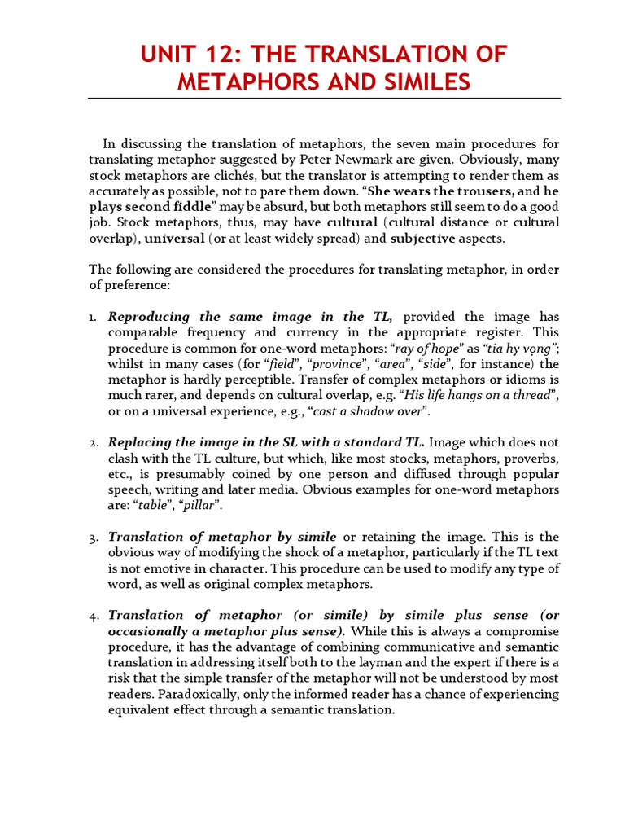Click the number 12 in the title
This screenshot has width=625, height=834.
[x=229, y=55]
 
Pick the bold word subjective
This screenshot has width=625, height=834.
[x=428, y=239]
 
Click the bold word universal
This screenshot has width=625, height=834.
[x=174, y=239]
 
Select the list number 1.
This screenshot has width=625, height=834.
[x=93, y=317]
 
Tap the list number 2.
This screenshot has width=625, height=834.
[x=93, y=443]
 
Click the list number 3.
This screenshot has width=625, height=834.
[x=93, y=538]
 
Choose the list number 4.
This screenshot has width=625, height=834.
[x=93, y=616]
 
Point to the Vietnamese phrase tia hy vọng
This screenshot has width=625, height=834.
[x=523, y=348]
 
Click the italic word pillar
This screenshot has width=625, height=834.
[x=196, y=506]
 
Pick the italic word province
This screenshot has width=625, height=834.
[x=335, y=364]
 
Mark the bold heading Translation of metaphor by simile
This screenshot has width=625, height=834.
[x=222, y=537]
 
